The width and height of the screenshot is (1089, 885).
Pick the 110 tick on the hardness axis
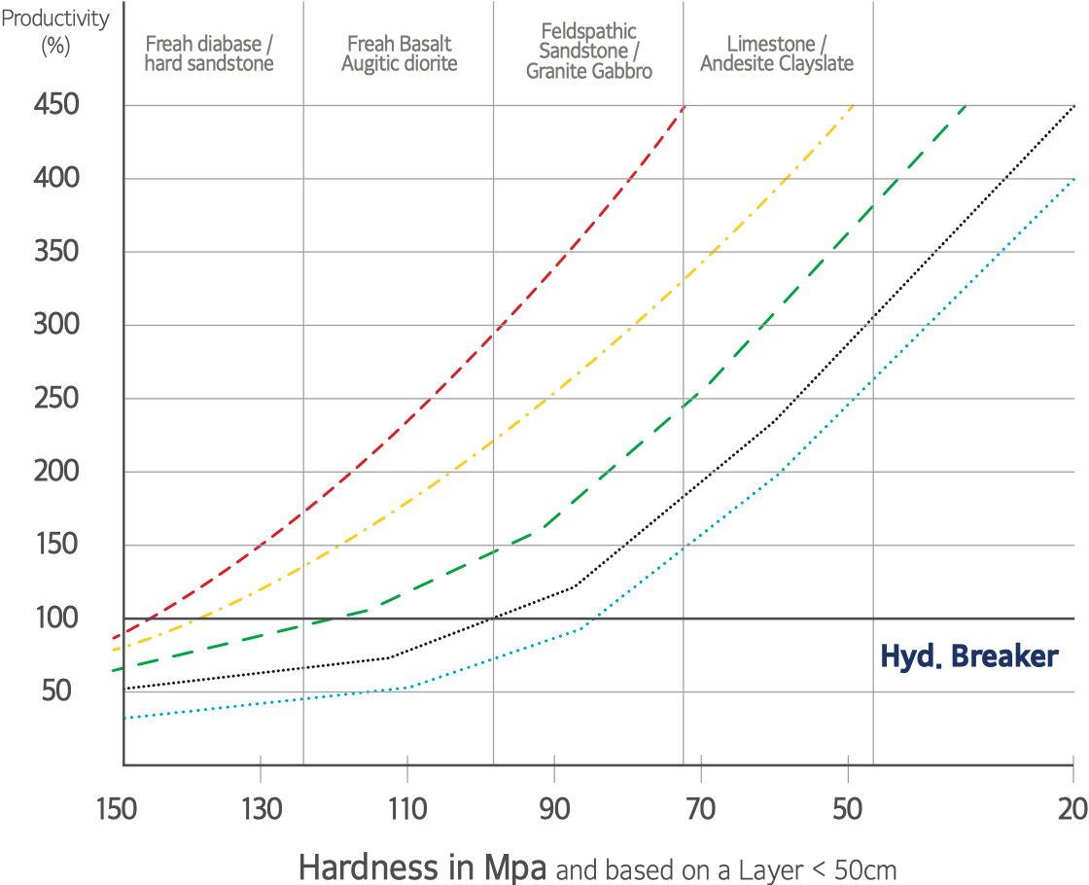(x=407, y=806)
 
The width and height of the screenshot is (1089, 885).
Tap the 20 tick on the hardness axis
(x=1072, y=806)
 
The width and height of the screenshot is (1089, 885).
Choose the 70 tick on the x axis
(x=700, y=806)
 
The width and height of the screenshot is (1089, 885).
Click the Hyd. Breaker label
(x=968, y=656)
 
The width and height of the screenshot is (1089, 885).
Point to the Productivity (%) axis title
(x=54, y=32)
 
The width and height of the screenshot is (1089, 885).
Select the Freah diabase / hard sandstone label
(x=209, y=53)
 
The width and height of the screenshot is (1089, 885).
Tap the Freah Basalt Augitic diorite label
(x=399, y=53)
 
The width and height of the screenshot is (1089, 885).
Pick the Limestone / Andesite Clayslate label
(x=777, y=53)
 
